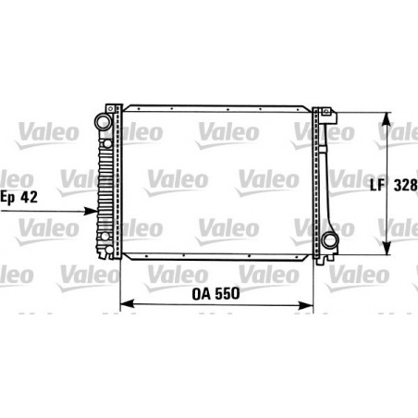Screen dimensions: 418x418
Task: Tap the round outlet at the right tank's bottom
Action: (x=330, y=243)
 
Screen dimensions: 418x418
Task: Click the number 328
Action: (x=404, y=183)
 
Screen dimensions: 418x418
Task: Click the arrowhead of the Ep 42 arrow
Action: (x=93, y=210)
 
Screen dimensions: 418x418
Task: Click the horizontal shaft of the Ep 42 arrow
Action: (x=46, y=210)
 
